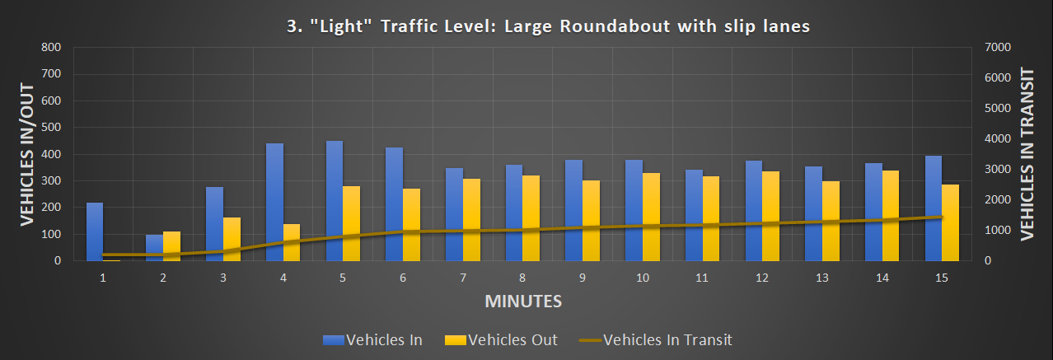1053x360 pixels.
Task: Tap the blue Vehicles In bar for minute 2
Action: point(154,248)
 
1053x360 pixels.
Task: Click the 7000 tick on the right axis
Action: point(999,48)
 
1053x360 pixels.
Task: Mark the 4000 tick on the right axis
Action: point(999,138)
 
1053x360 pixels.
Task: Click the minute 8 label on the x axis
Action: point(522,278)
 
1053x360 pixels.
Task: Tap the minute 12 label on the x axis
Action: point(762,278)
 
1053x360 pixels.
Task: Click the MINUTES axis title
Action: point(523,301)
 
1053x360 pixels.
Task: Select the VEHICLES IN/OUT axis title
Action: point(27,153)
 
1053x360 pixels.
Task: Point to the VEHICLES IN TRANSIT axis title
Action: point(1027,153)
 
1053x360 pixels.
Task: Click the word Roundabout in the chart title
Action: point(614,26)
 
